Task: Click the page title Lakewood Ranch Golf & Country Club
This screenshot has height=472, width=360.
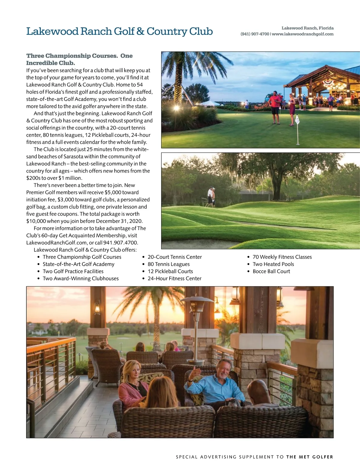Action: click(119, 31)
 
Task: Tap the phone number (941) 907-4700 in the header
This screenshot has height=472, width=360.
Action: click(255, 34)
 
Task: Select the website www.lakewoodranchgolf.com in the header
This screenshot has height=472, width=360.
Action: click(302, 34)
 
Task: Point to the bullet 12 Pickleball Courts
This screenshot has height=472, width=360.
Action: click(170, 271)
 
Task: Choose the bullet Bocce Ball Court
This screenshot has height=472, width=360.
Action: click(271, 271)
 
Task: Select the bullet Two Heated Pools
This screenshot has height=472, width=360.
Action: click(273, 264)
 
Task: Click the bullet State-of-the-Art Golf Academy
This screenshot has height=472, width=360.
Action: click(78, 264)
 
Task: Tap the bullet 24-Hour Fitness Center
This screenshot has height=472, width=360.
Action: click(174, 278)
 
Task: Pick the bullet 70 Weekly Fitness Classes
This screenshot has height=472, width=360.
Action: click(282, 257)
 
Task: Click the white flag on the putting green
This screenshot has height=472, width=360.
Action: click(297, 119)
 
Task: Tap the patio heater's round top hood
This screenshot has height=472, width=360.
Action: click(197, 299)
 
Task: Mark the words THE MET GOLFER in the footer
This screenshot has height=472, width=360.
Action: click(310, 457)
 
